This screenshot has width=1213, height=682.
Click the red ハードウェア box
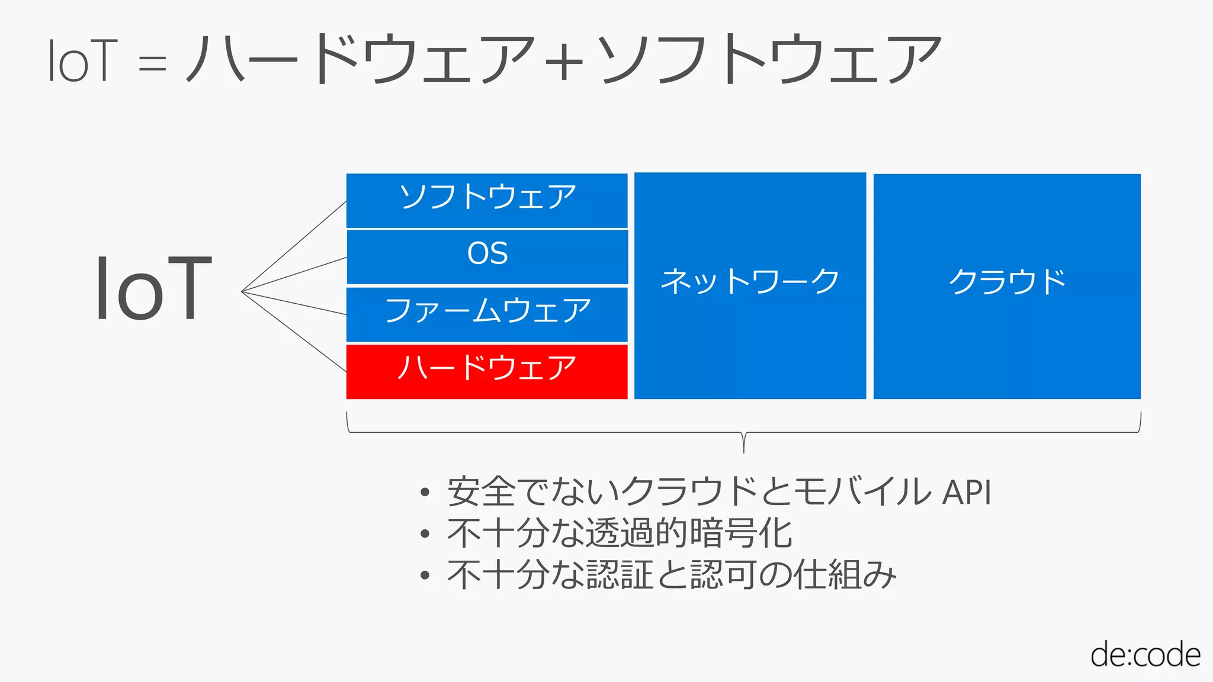487,371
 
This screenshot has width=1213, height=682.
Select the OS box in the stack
487,256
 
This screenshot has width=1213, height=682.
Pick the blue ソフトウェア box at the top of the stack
487,200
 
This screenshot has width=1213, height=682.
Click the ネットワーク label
750,281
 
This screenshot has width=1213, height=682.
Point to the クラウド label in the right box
1007,281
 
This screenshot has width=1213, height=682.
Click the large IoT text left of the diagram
153,289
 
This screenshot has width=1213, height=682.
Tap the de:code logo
1145,655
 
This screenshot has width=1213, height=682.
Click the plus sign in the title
563,60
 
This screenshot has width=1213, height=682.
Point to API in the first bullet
967,492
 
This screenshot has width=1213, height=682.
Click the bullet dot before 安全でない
424,493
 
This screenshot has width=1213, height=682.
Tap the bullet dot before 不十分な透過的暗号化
424,534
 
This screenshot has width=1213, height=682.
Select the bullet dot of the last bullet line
424,575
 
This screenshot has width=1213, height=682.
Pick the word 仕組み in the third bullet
845,574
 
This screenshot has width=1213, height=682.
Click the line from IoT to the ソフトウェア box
294,246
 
